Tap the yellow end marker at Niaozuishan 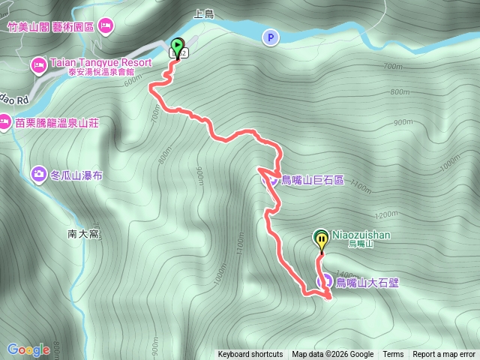coord(321,240)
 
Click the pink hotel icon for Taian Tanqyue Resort coord(38,67)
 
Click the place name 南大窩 coord(83,234)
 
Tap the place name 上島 coord(203,13)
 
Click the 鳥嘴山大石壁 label coord(367,283)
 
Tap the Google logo coord(28,349)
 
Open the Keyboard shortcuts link coord(250,355)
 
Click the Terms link coord(393,355)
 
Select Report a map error coord(444,355)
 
